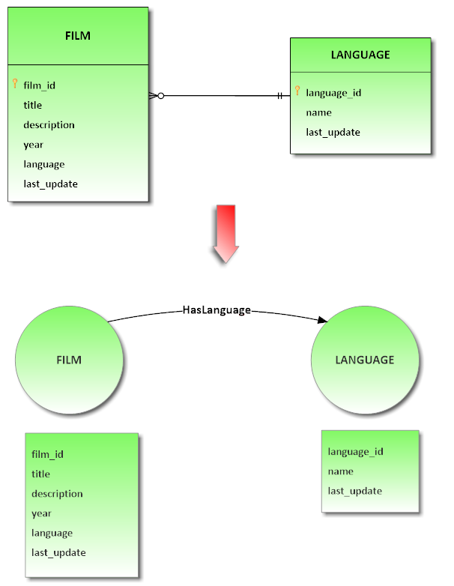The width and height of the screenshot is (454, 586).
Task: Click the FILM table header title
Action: (x=78, y=35)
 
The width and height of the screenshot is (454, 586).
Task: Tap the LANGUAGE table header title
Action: (x=360, y=55)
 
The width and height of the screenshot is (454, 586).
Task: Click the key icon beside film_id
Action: (x=15, y=84)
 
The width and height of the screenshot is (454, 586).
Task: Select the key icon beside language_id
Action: (x=297, y=91)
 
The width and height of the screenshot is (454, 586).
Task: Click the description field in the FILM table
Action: (x=49, y=124)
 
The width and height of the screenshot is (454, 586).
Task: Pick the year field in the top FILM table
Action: (x=33, y=145)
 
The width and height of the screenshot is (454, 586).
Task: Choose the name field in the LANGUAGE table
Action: (x=318, y=112)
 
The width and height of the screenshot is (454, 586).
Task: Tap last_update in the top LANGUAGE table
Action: (x=333, y=132)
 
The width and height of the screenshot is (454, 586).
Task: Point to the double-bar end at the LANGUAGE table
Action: (x=280, y=96)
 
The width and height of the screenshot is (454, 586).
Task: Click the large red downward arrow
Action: (x=226, y=233)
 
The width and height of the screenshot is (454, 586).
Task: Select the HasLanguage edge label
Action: (x=217, y=309)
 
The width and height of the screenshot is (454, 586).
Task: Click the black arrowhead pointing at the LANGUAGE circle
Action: (x=322, y=320)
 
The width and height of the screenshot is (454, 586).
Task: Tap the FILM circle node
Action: (x=69, y=360)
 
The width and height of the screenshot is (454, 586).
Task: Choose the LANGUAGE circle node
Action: (x=364, y=360)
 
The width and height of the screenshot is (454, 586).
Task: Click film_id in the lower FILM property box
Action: (x=47, y=454)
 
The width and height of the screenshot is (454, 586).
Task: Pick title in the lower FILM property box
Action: (x=40, y=474)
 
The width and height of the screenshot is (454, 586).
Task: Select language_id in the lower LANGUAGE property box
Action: (x=355, y=451)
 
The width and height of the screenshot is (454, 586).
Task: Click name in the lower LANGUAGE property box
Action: (x=340, y=471)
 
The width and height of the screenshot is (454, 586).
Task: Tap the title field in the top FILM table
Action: (x=32, y=105)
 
